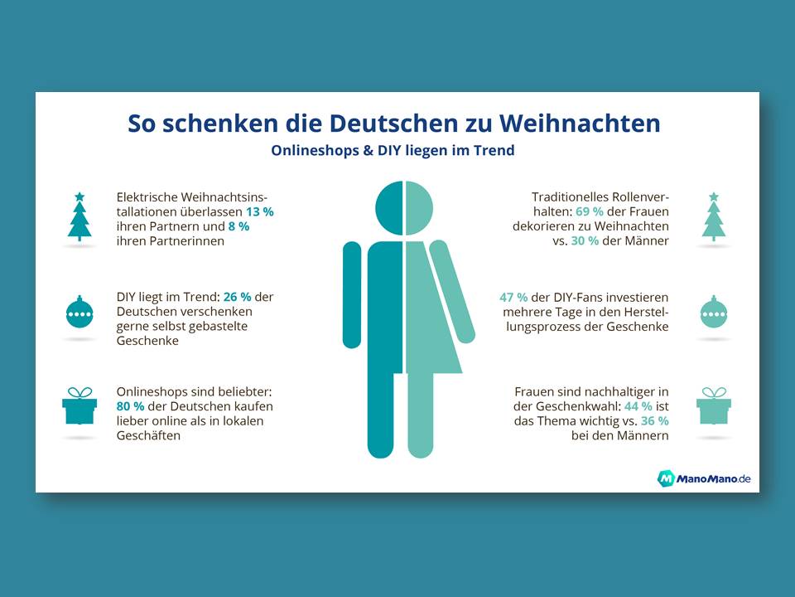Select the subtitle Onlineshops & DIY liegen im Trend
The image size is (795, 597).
click(x=393, y=151)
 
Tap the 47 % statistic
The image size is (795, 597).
click(x=514, y=296)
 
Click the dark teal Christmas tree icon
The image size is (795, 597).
click(x=79, y=216)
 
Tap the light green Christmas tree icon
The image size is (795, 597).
click(x=713, y=216)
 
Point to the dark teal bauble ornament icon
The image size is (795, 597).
click(x=79, y=313)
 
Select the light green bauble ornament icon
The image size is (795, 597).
click(x=713, y=313)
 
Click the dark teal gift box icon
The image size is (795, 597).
click(x=79, y=406)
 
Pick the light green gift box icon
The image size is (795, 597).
click(x=713, y=406)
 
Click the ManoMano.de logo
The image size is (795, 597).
click(x=704, y=478)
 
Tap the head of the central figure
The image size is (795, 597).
click(x=404, y=206)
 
